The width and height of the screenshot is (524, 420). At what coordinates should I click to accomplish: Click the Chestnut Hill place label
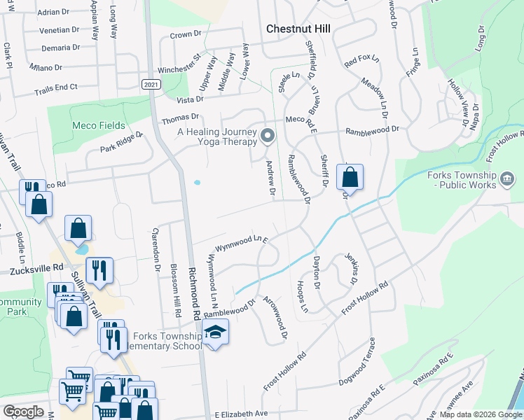coord(298,29)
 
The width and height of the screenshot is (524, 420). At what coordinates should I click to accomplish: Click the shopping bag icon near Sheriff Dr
coord(350,177)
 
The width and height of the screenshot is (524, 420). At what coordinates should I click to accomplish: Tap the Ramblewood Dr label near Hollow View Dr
coord(371,129)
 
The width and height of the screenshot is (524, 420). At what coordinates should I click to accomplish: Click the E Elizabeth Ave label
coord(242,414)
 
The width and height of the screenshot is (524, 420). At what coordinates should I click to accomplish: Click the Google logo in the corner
coord(24,411)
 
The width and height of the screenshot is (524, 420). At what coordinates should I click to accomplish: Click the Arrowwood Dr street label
coord(275,318)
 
